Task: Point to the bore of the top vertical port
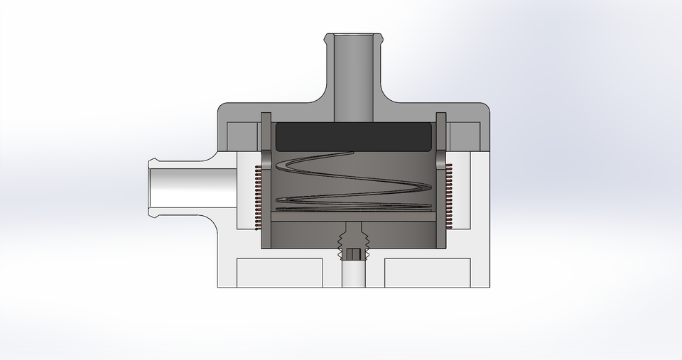click(x=353, y=78)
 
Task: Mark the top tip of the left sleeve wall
click(x=266, y=116)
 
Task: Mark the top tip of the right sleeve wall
click(x=441, y=116)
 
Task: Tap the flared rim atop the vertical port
click(x=353, y=36)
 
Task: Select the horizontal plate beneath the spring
click(x=353, y=221)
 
